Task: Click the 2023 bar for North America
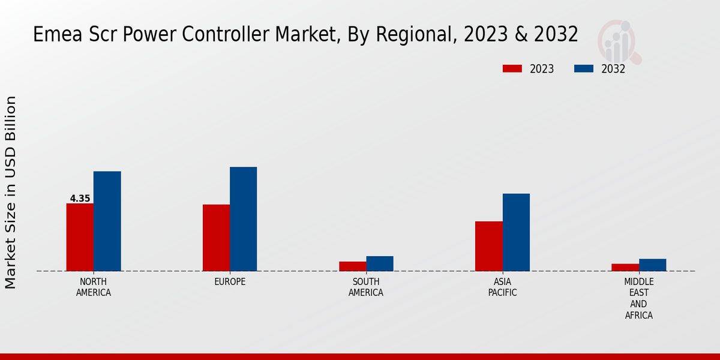point(80,237)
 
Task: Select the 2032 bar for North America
point(107,221)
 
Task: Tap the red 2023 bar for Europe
point(216,238)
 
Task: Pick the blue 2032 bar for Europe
point(243,218)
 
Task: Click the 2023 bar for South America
point(352,266)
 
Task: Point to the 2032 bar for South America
point(380,263)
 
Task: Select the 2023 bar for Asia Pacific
point(489,246)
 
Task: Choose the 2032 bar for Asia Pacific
point(516,232)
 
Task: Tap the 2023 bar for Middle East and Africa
point(625,268)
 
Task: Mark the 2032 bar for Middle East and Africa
point(652,265)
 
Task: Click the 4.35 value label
point(80,199)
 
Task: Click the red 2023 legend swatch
point(512,69)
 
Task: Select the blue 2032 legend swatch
point(584,69)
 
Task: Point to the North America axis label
point(94,287)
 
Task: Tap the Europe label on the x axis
point(230,282)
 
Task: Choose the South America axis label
point(366,287)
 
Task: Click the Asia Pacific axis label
point(503,287)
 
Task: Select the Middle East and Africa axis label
point(639,298)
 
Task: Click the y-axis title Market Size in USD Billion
point(11,192)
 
